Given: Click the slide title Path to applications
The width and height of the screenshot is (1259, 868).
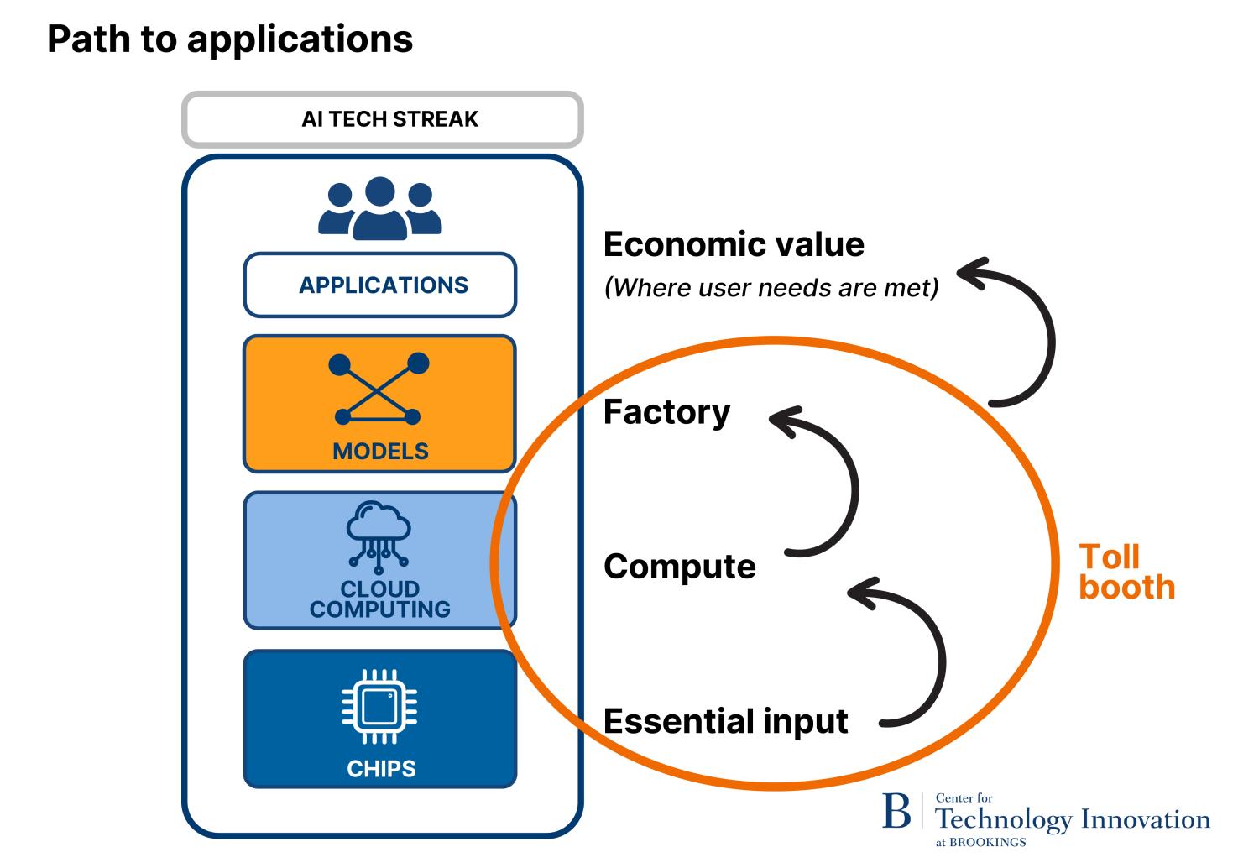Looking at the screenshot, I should click(x=230, y=39).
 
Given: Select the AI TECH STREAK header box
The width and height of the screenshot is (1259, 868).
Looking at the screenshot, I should click(x=382, y=119).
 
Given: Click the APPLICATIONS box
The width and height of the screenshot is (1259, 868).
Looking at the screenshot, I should click(x=380, y=285).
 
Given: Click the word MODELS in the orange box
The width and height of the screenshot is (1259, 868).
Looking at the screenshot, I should click(x=380, y=452).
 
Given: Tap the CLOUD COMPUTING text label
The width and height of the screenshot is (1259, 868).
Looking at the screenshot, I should click(x=380, y=599).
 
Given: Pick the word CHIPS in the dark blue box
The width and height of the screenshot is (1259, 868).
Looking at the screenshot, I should click(x=381, y=768).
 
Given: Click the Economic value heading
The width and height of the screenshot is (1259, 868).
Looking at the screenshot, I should click(x=734, y=244).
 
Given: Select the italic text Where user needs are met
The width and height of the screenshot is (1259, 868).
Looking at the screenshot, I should click(x=771, y=288).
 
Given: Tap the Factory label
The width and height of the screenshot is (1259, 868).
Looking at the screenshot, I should click(x=666, y=412).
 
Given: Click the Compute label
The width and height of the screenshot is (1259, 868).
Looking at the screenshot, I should click(x=679, y=567).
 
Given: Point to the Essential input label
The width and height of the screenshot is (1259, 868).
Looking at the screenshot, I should click(x=725, y=721).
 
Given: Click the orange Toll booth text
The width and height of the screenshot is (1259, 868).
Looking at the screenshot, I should click(x=1125, y=573).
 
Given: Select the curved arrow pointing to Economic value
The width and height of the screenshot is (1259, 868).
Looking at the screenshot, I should click(x=1040, y=336).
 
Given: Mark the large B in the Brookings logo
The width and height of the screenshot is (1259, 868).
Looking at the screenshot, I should click(x=896, y=812).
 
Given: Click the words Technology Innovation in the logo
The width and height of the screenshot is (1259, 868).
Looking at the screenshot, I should click(x=1072, y=819).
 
